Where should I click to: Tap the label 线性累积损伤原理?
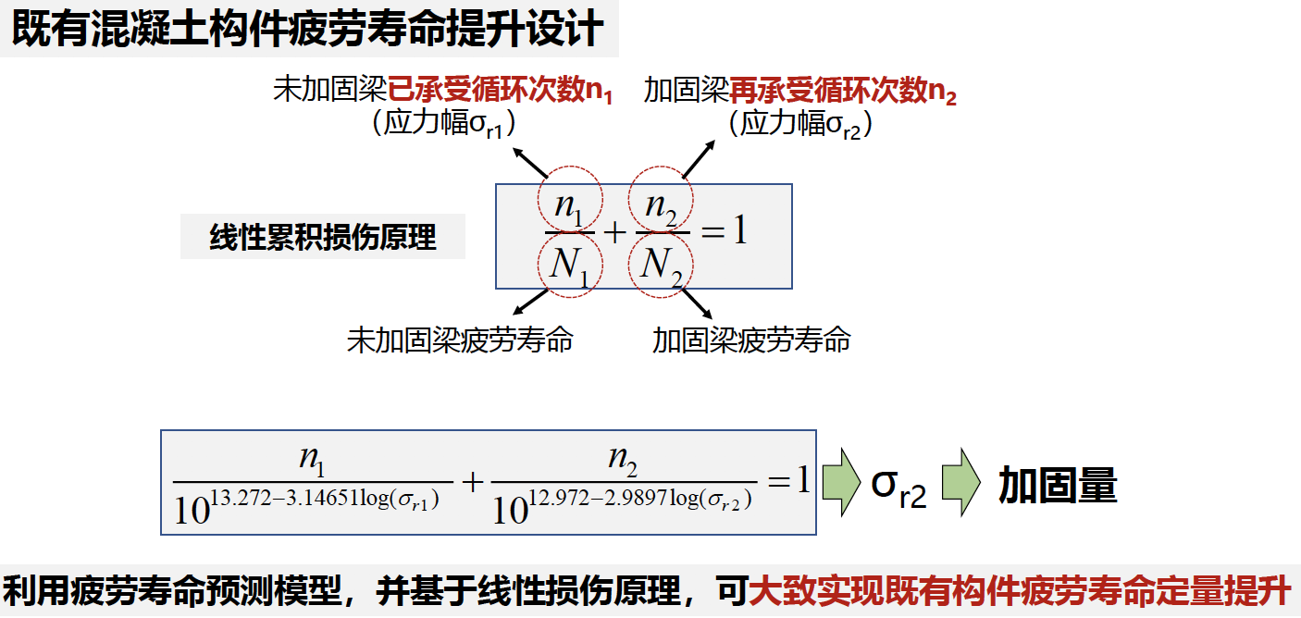pyautogui.click(x=322, y=237)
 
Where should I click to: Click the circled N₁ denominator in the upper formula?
pyautogui.click(x=569, y=266)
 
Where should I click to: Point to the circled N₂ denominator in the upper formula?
pyautogui.click(x=661, y=266)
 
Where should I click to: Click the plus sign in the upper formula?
pyautogui.click(x=615, y=233)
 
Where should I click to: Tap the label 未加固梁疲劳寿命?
pyautogui.click(x=460, y=340)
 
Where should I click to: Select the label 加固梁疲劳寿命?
pyautogui.click(x=751, y=340)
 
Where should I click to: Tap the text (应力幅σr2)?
pyautogui.click(x=800, y=123)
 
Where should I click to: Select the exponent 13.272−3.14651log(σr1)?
pyautogui.click(x=325, y=500)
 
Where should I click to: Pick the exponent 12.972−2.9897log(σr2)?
pyautogui.click(x=640, y=500)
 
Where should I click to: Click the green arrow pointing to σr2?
pyautogui.click(x=842, y=482)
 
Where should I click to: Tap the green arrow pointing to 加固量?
pyautogui.click(x=961, y=482)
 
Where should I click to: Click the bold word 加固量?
pyautogui.click(x=1058, y=485)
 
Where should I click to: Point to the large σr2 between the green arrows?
pyautogui.click(x=898, y=487)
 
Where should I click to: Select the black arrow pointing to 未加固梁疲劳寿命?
pyautogui.click(x=531, y=302)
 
